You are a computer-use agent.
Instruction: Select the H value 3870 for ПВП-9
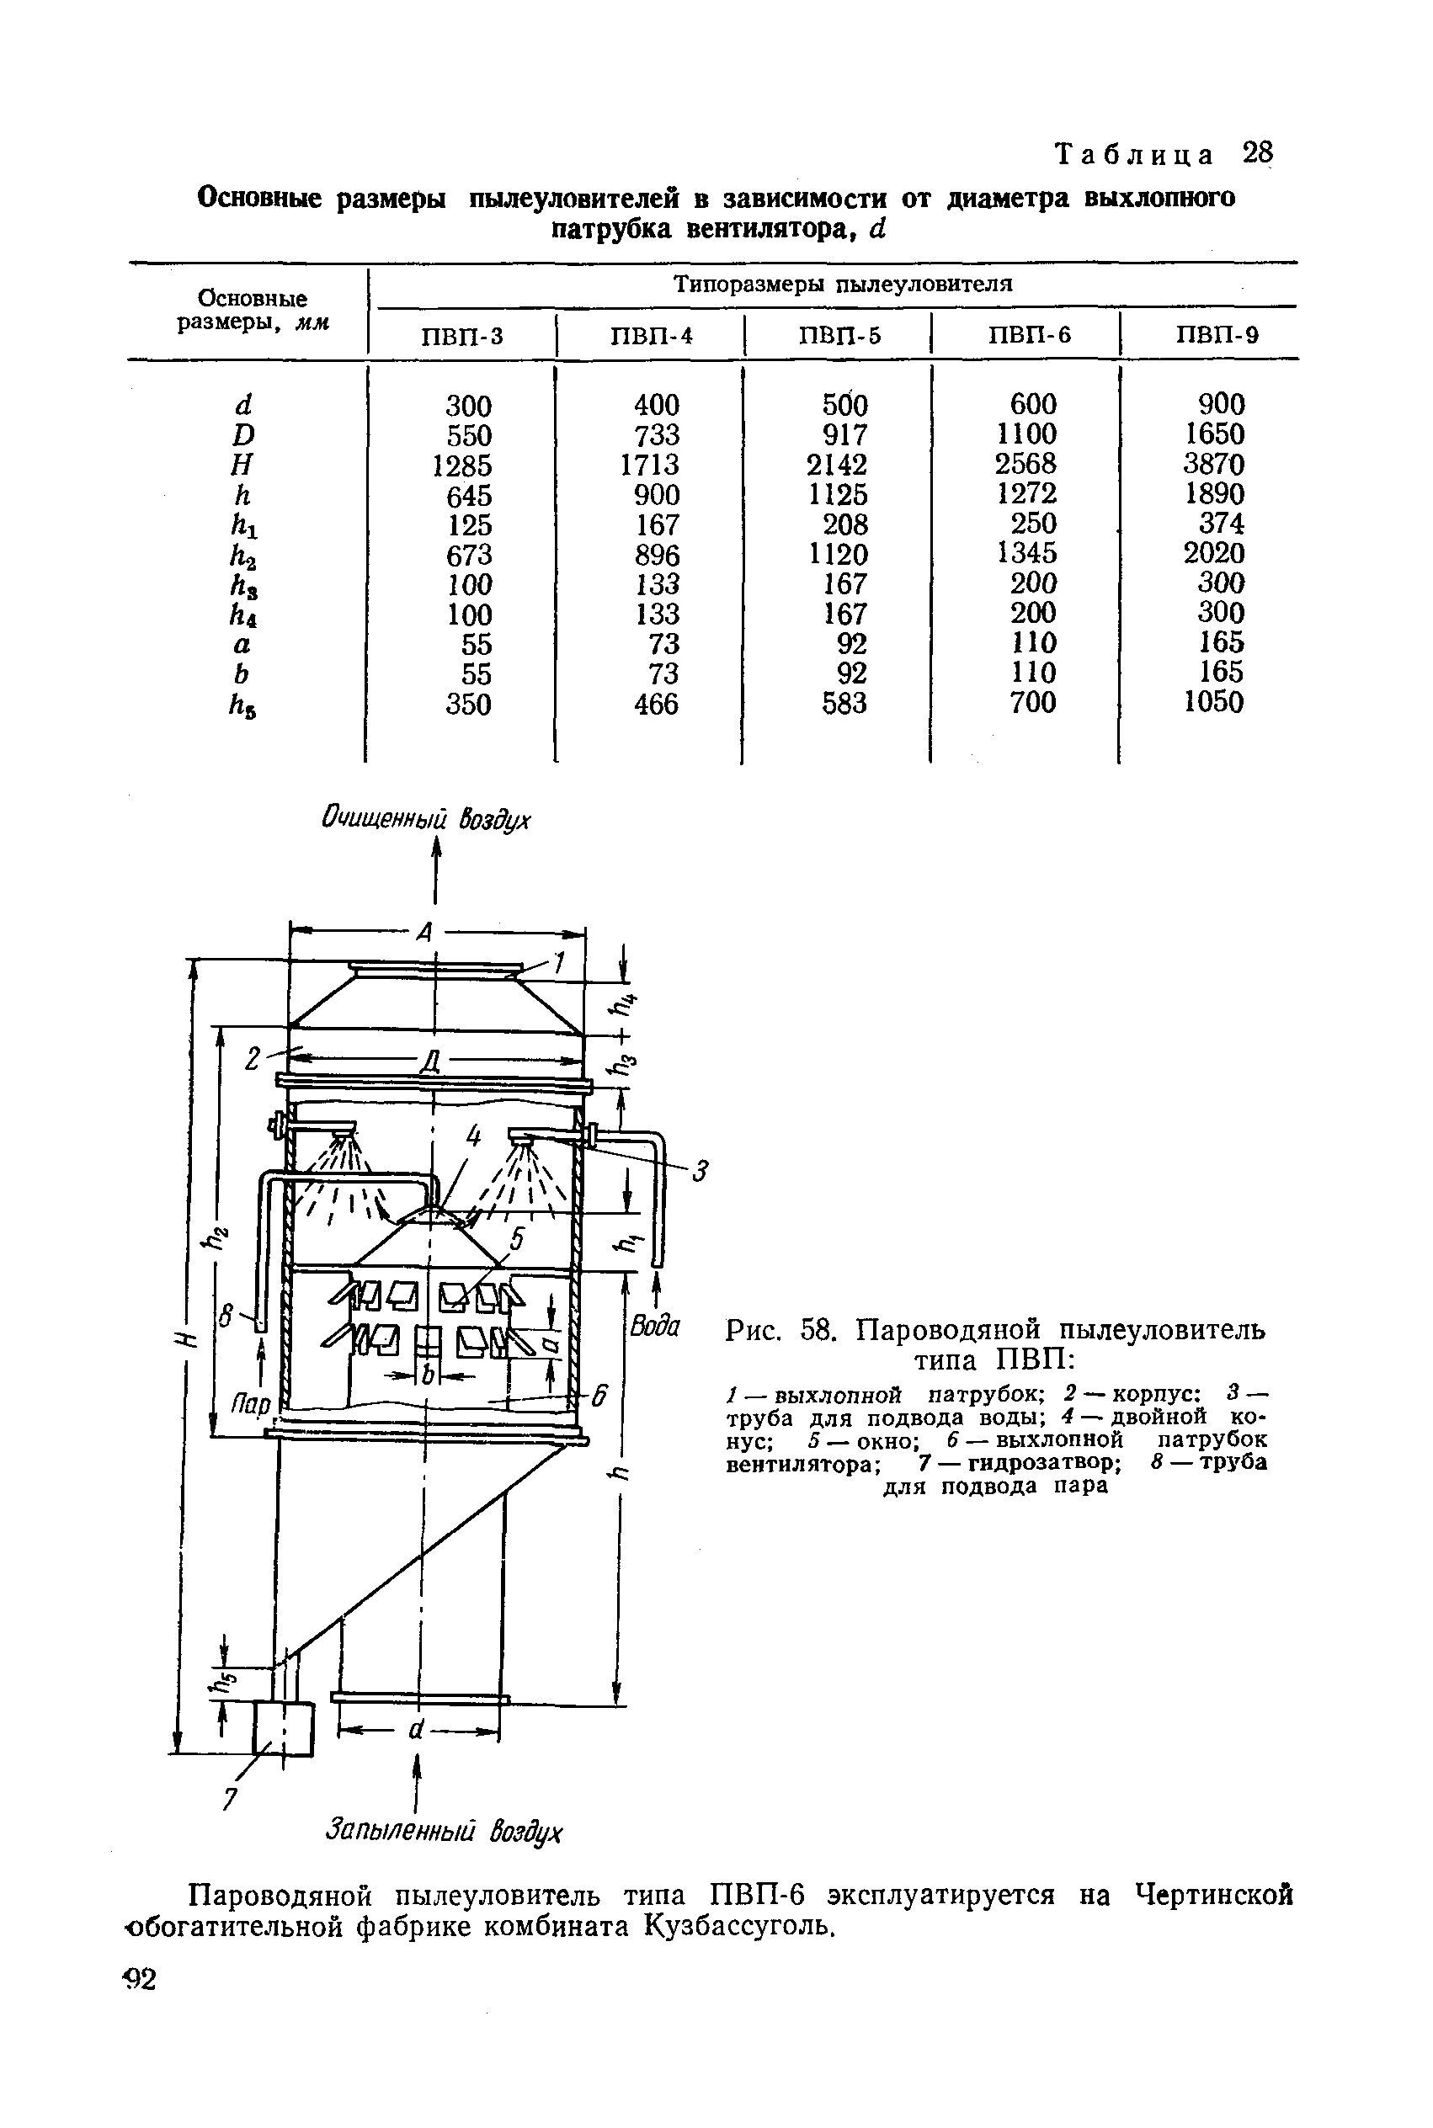pos(1213,464)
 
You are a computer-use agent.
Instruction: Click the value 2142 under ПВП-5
pos(837,464)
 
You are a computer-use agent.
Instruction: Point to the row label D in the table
pos(243,435)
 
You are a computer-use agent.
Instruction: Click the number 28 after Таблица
pos(1257,152)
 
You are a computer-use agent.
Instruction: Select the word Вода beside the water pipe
pos(655,1326)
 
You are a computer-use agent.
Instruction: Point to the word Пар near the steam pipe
pos(249,1402)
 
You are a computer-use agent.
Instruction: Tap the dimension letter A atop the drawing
pos(424,933)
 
